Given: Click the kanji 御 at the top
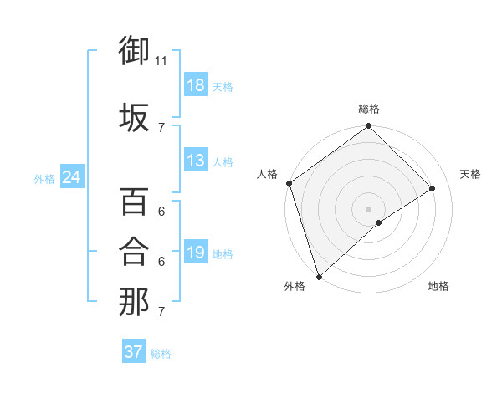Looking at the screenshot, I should click(x=135, y=52).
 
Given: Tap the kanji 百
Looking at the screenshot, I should click(x=135, y=202).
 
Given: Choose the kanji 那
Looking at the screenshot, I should click(x=135, y=302).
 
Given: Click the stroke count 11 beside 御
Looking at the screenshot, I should click(x=161, y=61).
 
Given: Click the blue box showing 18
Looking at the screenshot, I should click(x=196, y=85).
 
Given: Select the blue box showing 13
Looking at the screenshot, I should click(x=196, y=161).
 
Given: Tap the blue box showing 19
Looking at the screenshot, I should click(x=196, y=253).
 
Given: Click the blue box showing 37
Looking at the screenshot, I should click(x=134, y=352).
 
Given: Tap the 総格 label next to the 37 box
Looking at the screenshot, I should click(x=161, y=354).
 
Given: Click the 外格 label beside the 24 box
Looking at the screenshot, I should click(x=44, y=178).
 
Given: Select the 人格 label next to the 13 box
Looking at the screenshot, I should click(x=223, y=161).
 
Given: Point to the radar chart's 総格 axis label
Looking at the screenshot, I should click(x=369, y=109).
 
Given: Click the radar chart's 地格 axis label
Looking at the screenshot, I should click(x=438, y=286).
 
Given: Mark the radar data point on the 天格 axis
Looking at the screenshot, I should click(x=433, y=188).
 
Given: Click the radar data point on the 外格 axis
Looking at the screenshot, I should click(x=318, y=276).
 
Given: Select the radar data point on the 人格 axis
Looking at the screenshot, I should click(x=289, y=183).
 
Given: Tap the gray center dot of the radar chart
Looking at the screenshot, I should click(x=368, y=208).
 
